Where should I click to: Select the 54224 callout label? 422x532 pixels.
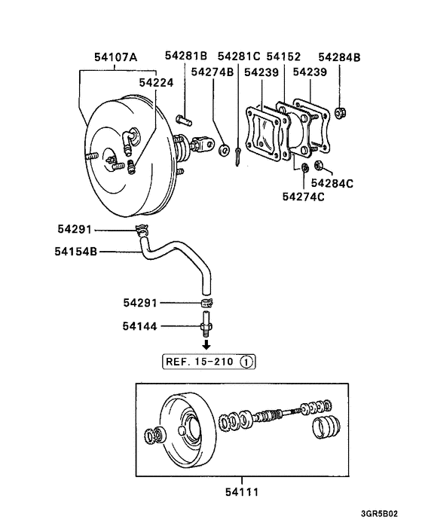pos(157,84)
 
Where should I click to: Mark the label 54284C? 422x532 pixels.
pos(333,182)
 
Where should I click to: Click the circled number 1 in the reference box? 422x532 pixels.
pos(247,362)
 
